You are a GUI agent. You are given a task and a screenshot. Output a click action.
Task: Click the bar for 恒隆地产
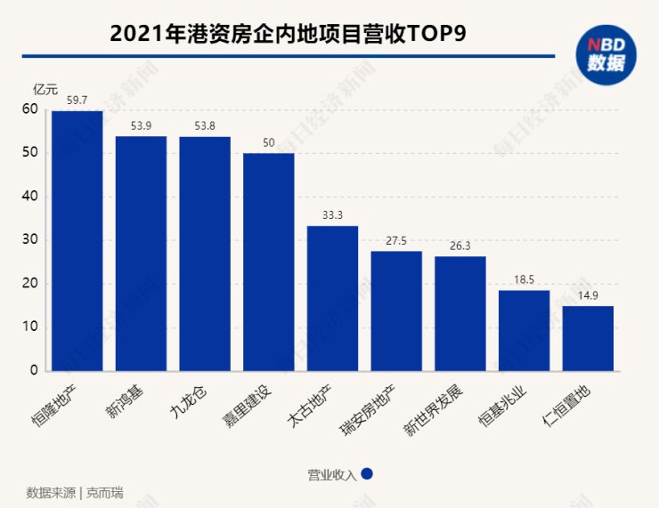(77, 240)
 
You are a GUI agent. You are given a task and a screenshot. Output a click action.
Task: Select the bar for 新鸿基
(141, 254)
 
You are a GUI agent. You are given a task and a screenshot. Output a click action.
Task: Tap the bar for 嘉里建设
(268, 262)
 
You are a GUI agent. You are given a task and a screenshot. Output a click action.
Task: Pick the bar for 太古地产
(332, 298)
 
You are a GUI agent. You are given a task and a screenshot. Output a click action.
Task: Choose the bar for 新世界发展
(460, 313)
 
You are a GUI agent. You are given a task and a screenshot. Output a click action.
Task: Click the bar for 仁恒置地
(588, 338)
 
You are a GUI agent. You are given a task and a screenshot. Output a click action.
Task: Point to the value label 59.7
(77, 100)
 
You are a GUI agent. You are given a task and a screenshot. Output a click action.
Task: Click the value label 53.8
(205, 125)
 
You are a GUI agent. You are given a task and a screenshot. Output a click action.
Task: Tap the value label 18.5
(524, 279)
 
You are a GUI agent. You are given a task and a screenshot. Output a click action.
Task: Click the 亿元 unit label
(45, 89)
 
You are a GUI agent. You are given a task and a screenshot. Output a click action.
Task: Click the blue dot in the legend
(366, 474)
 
